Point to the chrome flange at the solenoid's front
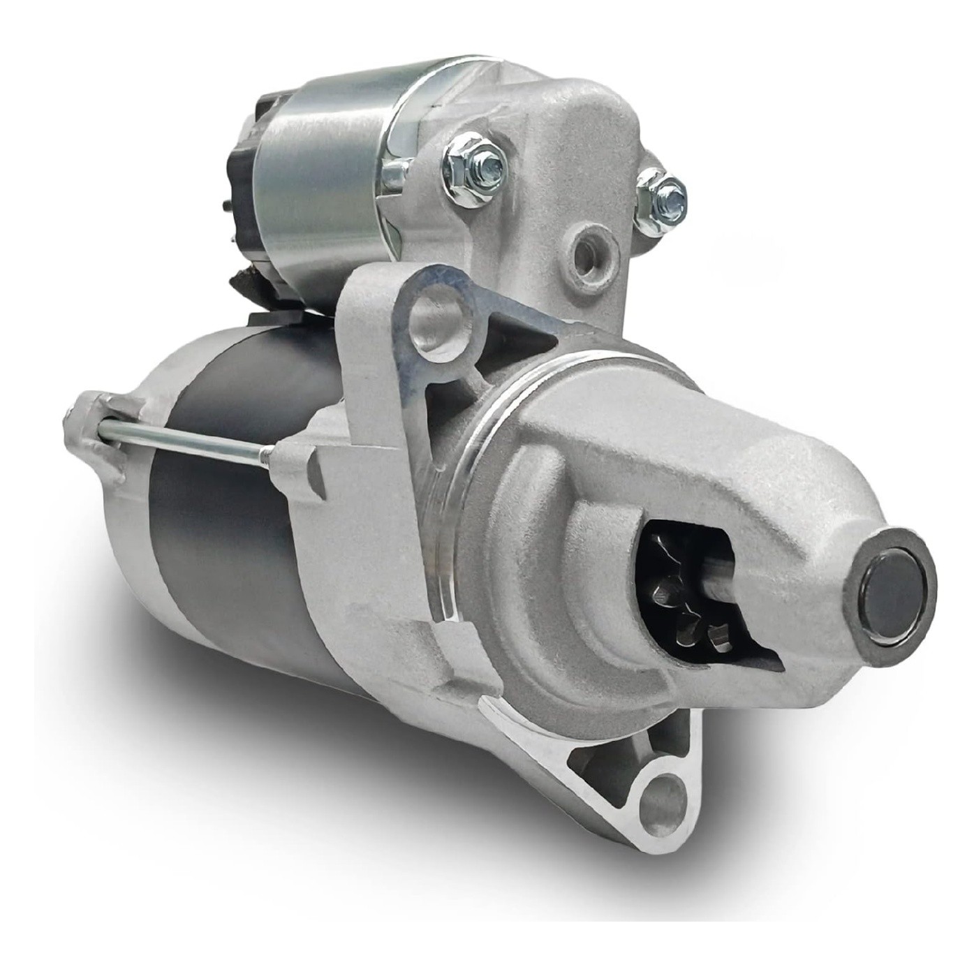[x=405, y=140]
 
